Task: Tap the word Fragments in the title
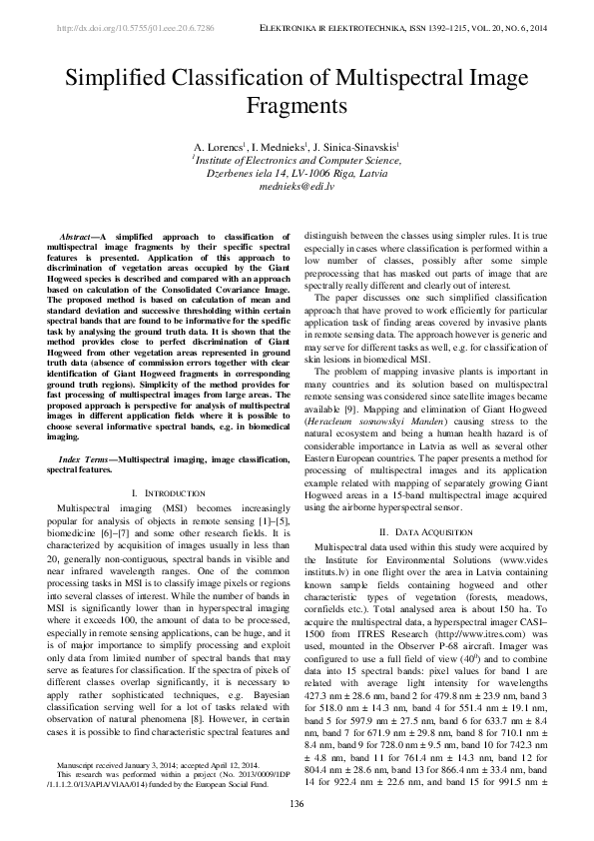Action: coord(297,105)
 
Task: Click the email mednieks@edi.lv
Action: coord(297,187)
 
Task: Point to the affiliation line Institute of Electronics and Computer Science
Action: coord(297,159)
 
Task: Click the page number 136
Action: coord(297,805)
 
